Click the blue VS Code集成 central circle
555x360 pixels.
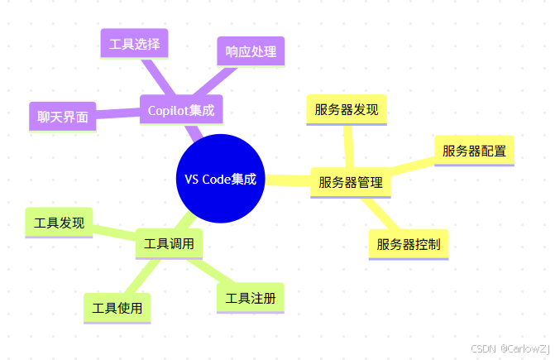click(220, 179)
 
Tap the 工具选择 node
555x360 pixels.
click(134, 44)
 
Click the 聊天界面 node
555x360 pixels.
click(62, 118)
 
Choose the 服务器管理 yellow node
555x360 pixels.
click(350, 182)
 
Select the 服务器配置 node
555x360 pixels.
click(474, 151)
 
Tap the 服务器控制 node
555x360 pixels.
click(408, 244)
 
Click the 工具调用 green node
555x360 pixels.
click(169, 244)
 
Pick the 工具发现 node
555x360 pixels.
click(59, 223)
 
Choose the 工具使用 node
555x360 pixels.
click(117, 308)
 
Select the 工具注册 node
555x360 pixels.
click(250, 298)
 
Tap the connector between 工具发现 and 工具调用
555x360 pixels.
click(114, 233)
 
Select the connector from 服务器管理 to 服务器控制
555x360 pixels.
click(380, 214)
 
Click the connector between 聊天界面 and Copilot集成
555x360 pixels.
click(117, 113)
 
